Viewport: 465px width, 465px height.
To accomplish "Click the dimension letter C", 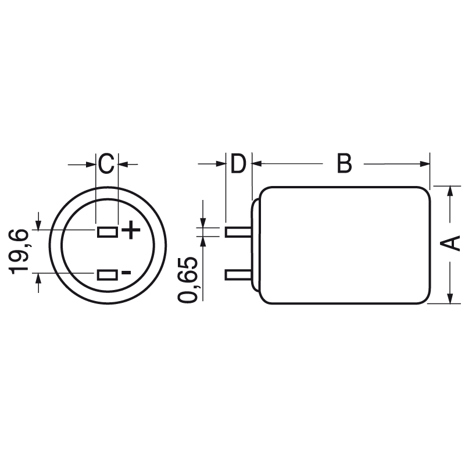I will (105, 164).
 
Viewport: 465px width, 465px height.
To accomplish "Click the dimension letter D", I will (238, 164).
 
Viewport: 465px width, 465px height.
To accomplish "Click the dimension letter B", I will (344, 164).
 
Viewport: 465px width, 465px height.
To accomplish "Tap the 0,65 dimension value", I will (189, 280).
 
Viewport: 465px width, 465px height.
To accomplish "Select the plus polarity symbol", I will (131, 231).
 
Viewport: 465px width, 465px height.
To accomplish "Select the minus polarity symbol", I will (126, 273).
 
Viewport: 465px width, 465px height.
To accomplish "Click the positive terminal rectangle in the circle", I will (107, 233).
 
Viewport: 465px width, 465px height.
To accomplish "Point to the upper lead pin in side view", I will (238, 232).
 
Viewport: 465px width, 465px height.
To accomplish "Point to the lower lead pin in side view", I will (238, 274).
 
